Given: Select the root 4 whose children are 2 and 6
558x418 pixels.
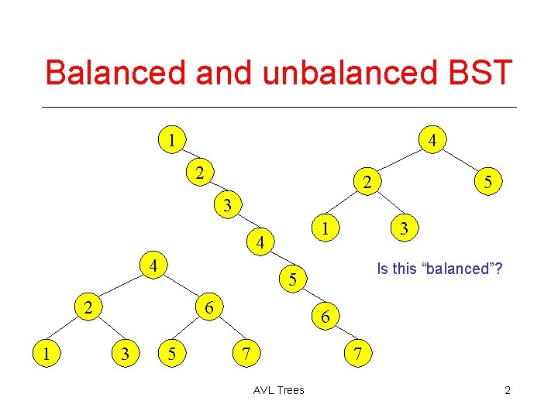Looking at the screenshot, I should (154, 266).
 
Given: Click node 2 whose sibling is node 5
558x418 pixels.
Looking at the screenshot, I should (368, 183).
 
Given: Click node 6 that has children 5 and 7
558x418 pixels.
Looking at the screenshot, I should (208, 307).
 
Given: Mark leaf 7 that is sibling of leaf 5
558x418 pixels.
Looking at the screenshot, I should (245, 354).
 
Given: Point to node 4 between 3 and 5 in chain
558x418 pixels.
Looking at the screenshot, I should (261, 242).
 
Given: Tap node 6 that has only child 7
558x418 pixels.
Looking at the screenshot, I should (325, 317).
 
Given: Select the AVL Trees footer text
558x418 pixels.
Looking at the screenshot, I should (278, 390).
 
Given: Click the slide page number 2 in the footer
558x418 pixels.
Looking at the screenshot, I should (507, 390).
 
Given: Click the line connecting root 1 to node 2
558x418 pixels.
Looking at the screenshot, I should (185, 156).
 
